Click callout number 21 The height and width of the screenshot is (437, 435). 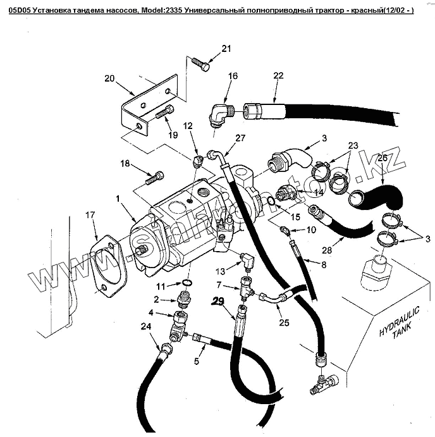227,49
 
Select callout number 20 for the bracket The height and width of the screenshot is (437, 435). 109,78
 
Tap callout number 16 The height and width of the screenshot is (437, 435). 233,76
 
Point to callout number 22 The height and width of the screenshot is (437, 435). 278,76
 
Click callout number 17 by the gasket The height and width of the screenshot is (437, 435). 92,215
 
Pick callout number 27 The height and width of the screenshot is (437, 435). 240,138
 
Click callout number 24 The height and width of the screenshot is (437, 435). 146,326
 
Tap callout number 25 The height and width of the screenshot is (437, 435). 284,323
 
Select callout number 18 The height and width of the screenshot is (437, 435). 125,163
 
